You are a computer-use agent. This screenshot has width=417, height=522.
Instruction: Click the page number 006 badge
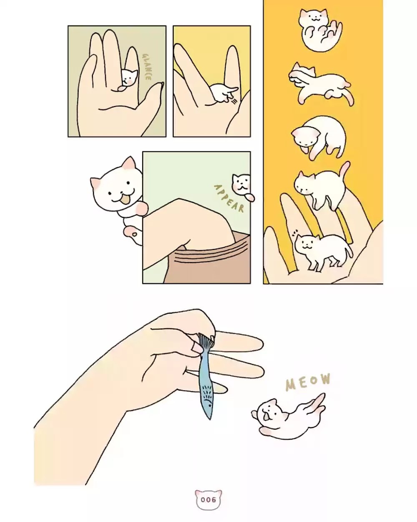coord(208,499)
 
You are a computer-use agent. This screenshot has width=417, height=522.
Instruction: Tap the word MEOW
coord(308,382)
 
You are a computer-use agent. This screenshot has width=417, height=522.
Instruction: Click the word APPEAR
coord(229,198)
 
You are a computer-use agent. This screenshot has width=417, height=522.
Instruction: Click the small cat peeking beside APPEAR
coord(241,184)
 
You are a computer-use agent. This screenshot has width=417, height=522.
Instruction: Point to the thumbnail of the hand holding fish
coord(196,347)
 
